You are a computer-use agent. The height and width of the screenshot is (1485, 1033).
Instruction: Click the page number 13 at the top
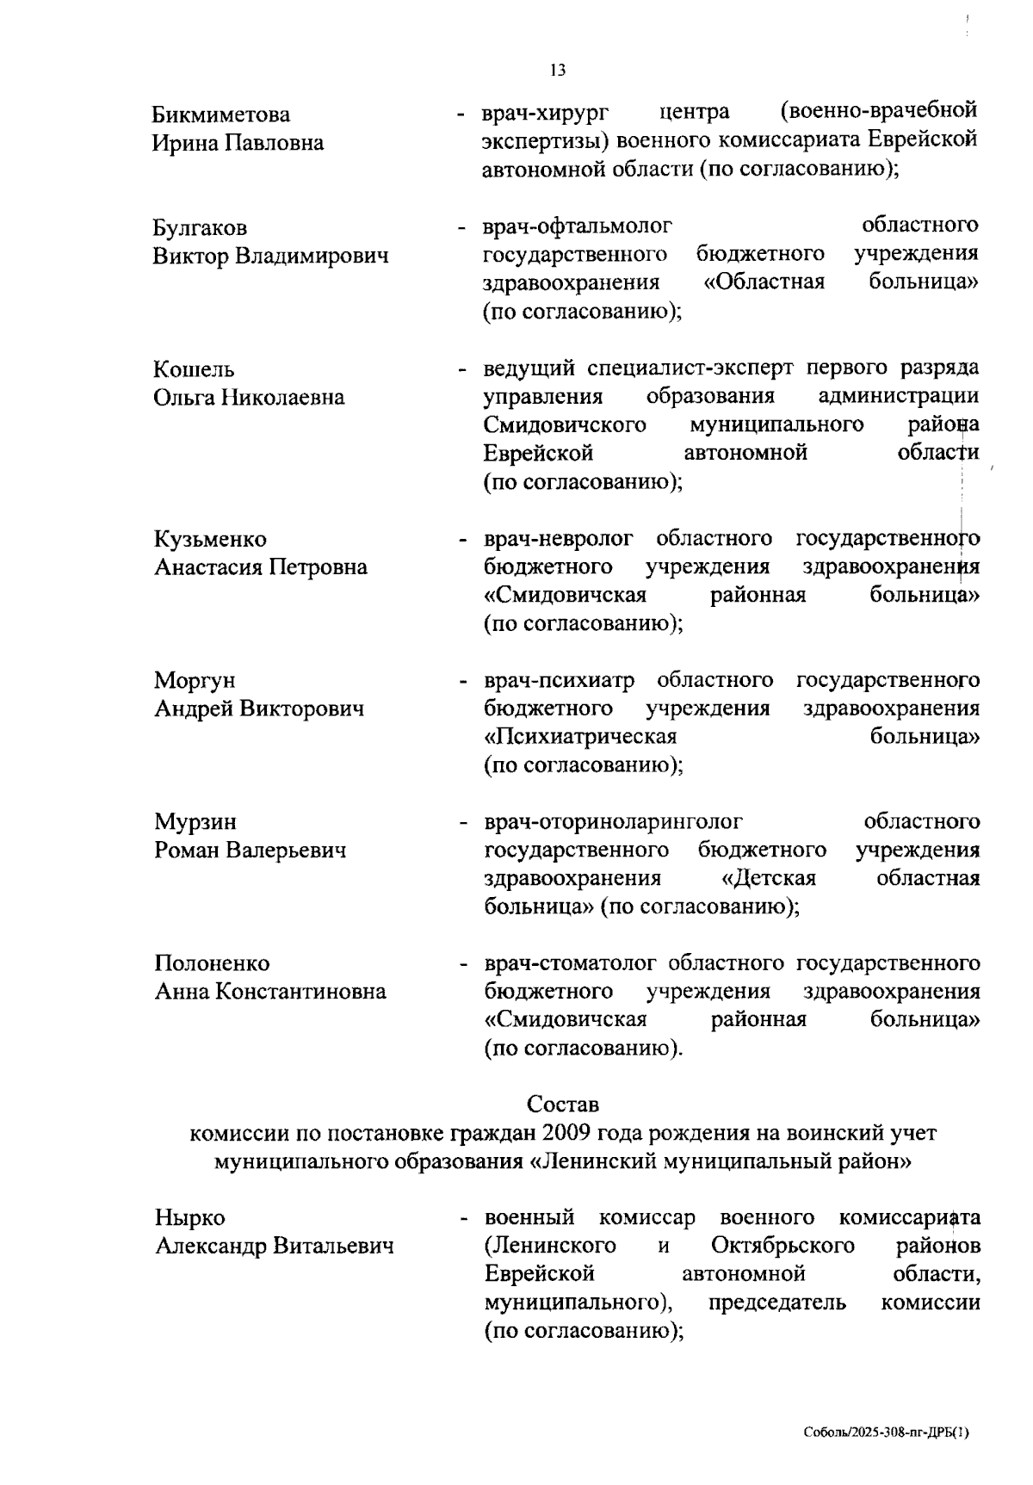[x=558, y=71]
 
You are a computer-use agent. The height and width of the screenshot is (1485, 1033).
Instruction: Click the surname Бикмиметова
[x=221, y=114]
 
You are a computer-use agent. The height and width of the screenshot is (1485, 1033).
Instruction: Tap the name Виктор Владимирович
[x=270, y=257]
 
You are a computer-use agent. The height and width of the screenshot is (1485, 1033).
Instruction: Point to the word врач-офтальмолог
[x=577, y=227]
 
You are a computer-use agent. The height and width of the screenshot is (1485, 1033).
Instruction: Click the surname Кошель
[x=194, y=369]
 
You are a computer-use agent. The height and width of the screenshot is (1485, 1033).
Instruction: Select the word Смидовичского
[x=565, y=425]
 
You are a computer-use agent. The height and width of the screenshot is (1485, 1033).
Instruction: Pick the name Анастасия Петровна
[x=261, y=567]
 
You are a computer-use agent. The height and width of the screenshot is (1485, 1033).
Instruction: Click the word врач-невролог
[x=558, y=540]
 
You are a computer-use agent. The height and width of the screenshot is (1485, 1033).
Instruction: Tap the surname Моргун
[x=195, y=681]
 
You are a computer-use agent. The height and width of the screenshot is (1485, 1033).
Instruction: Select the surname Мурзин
[x=195, y=822]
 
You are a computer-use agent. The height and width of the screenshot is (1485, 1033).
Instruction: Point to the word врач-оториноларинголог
[x=613, y=822]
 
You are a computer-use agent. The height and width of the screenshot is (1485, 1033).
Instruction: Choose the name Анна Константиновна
[x=270, y=992]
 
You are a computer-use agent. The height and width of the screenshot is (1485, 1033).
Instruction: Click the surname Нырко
[x=189, y=1218]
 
